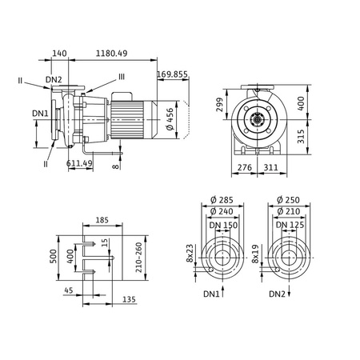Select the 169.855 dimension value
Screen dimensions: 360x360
click(x=173, y=74)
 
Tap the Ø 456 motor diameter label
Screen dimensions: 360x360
click(x=169, y=118)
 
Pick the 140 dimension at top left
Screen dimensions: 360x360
click(x=58, y=53)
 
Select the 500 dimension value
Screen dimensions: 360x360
click(x=54, y=255)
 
